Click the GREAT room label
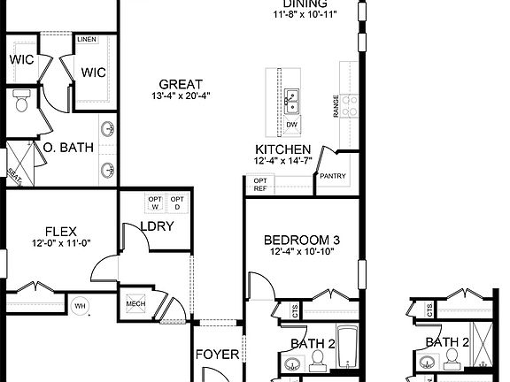coord(182,84)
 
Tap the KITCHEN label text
coord(282,149)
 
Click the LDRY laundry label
coord(156,225)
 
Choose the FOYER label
coord(217,355)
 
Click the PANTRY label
coord(332,175)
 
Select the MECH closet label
coord(135,303)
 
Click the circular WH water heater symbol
coord(81,306)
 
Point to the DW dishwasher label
coord(291,125)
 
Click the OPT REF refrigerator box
coord(260,184)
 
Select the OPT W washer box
coord(155,202)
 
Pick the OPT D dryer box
coord(177,202)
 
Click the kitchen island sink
coord(291,102)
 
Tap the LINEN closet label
coord(87,40)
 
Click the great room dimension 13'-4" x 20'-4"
coord(182,95)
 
